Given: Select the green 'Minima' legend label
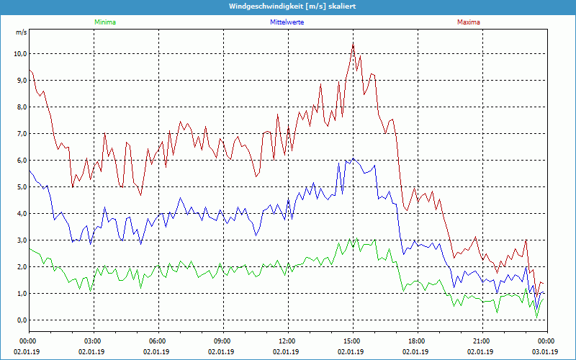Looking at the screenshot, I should coord(104,22).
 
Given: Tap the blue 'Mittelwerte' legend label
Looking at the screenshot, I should coord(287,22).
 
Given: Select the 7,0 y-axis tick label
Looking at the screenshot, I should coord(21,134).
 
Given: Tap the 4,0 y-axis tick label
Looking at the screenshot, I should coord(21,214).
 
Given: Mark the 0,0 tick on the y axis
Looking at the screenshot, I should coord(21,320).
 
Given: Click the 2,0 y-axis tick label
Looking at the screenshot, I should coord(21,267).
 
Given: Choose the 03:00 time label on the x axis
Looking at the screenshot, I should coord(93,341).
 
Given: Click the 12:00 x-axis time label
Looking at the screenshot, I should coord(287,341).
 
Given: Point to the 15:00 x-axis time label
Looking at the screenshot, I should coord(352,341).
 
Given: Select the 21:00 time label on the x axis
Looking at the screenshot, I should coord(482,341).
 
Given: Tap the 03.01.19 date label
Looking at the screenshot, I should coord(546,352).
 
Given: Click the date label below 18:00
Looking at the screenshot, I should coord(417,352).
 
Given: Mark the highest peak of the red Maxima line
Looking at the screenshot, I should coord(353,43).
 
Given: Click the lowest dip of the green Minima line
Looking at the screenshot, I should coord(536,317).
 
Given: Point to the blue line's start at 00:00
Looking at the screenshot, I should coord(29,170).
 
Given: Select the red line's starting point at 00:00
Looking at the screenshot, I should coord(29,69).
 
